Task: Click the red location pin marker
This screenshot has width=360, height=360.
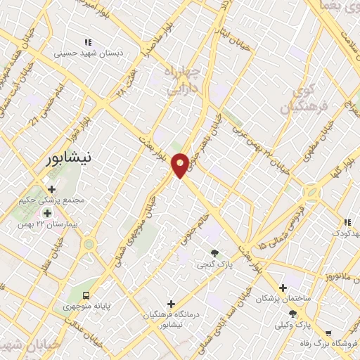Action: (x=181, y=165)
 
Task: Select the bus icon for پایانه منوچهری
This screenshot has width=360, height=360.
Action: (x=86, y=295)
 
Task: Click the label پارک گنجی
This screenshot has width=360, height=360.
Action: (x=214, y=265)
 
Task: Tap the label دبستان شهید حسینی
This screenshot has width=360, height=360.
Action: (x=88, y=53)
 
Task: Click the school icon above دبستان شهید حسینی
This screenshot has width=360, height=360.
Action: (x=88, y=42)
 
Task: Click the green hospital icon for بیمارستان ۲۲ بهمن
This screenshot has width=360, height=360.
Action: (x=47, y=213)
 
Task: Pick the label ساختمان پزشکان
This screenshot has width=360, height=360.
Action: (x=282, y=299)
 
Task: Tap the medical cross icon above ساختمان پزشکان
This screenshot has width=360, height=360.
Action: (x=283, y=288)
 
